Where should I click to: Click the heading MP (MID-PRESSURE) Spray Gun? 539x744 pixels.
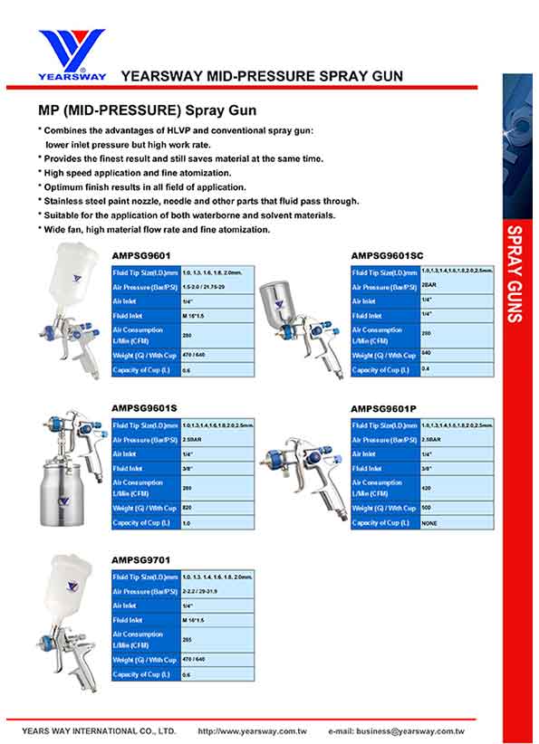(x=147, y=111)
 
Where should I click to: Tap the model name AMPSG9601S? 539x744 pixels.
(x=144, y=408)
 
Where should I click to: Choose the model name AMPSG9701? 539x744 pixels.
(x=140, y=560)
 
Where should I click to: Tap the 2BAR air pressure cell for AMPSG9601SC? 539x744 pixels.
(x=429, y=286)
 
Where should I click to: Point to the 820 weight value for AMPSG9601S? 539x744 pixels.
(x=188, y=508)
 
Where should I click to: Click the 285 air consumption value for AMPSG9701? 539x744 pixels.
(x=188, y=639)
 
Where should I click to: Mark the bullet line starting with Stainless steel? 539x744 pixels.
(x=198, y=201)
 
